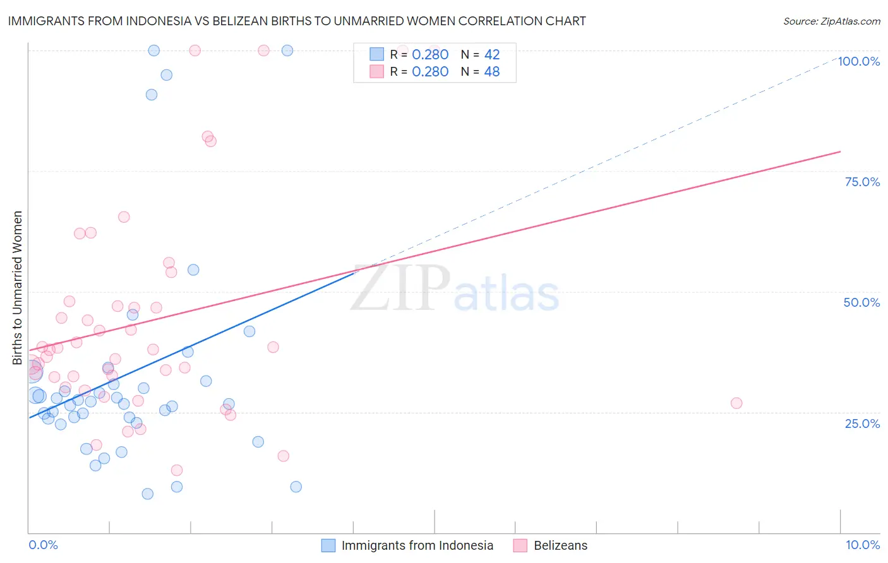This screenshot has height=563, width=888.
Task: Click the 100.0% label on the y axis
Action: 858,61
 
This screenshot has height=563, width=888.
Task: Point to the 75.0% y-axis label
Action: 862,182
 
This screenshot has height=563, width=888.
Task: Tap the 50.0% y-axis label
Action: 861,302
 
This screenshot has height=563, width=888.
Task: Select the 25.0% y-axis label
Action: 862,424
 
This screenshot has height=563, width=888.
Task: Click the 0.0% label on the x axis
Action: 43,545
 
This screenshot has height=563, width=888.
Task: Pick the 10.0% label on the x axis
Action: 862,545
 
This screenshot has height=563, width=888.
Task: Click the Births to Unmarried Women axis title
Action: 18,288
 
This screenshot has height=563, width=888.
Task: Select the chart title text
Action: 297,21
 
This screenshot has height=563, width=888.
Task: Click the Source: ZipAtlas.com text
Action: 831,21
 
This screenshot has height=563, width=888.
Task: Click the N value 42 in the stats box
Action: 492,55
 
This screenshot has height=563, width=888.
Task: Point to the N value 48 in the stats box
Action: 492,72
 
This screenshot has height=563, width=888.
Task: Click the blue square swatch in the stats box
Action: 377,54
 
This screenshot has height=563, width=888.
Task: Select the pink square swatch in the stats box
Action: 377,71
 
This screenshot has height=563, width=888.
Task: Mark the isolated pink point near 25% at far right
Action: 736,403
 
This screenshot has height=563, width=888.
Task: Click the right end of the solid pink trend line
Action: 840,151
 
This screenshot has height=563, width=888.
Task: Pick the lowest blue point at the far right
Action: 296,487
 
